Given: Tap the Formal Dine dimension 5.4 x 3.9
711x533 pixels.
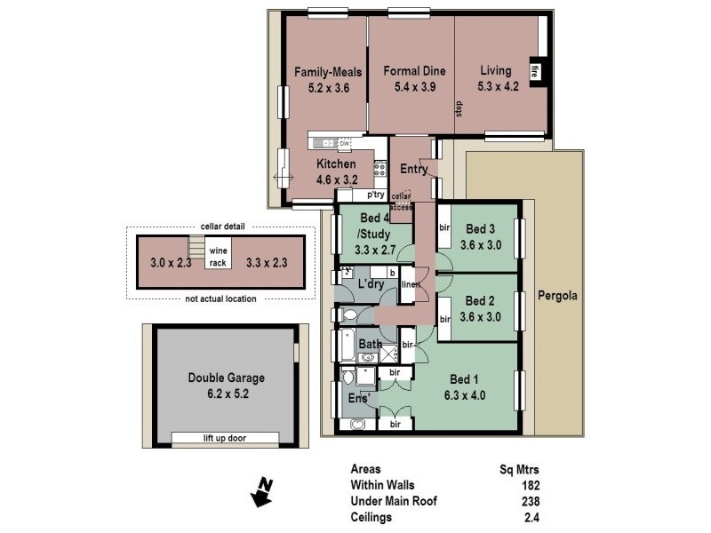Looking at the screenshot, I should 414,87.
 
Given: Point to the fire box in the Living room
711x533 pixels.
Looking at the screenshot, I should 535,71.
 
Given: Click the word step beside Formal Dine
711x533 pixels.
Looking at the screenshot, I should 459,108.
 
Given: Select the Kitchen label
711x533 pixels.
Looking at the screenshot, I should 336,164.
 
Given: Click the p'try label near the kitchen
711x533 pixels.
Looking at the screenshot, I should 374,194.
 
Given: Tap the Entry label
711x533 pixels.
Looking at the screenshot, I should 414,170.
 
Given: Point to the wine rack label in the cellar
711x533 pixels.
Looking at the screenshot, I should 218,257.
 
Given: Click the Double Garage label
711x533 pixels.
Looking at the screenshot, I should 226,378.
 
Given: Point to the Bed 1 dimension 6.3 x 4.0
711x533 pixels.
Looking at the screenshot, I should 465,396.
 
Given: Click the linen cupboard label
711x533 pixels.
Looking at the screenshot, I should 410,284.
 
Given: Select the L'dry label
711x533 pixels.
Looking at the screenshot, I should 370,283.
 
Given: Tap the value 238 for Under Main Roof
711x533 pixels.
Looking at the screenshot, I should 531,501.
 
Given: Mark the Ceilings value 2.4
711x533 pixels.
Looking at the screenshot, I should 532,517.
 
